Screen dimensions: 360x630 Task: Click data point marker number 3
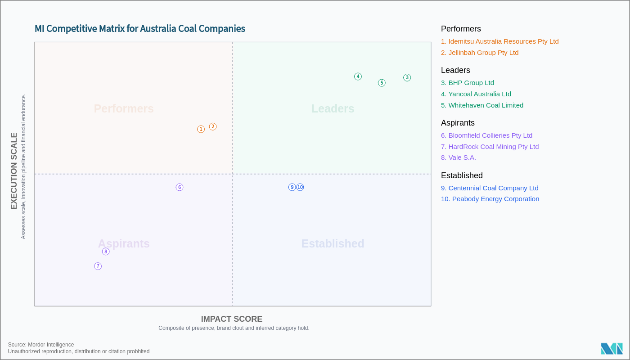(407, 77)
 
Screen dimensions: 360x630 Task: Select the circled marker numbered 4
(358, 76)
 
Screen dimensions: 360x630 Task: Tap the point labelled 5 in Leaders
(382, 83)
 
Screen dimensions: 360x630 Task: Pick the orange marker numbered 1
(201, 129)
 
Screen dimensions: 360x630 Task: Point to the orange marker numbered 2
(213, 127)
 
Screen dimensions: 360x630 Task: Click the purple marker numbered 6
(180, 187)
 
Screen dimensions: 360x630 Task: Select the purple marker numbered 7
(98, 266)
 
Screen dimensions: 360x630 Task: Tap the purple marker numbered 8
(106, 252)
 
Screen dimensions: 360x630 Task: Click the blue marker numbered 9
(292, 187)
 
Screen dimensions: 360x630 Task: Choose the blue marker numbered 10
(300, 187)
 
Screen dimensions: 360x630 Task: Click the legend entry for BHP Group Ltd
(467, 83)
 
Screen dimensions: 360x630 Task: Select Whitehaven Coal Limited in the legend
(482, 105)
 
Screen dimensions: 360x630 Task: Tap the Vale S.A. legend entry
(458, 157)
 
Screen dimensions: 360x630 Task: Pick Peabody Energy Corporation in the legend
(490, 199)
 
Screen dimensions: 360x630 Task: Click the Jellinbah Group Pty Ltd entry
(480, 53)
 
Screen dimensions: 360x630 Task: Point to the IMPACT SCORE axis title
(231, 319)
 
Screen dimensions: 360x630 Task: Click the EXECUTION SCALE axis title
(14, 171)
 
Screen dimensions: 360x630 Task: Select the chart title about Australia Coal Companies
(140, 29)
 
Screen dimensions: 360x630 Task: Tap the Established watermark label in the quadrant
(333, 243)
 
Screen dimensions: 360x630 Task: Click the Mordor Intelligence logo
(612, 349)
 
